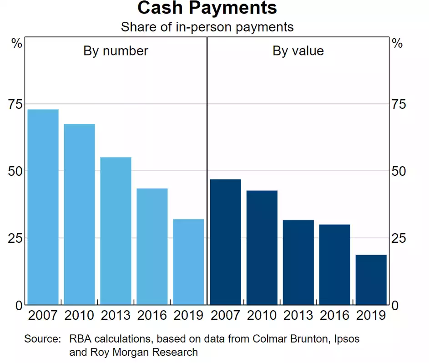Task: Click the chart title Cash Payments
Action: pos(207,9)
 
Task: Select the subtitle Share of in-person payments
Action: pos(207,27)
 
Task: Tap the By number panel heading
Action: pos(116,51)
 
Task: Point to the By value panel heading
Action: pos(298,51)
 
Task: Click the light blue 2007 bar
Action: pos(43,207)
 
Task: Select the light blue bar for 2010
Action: pos(79,214)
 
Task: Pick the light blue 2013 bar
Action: pos(116,231)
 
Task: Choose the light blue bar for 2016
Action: pos(152,246)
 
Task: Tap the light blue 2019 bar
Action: pos(188,262)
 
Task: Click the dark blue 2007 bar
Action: pos(226,242)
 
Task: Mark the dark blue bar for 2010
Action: pos(262,247)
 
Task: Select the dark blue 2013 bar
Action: pos(298,262)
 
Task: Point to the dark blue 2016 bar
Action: pos(335,265)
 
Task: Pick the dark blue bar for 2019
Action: pos(371,280)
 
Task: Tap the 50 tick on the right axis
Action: pos(398,171)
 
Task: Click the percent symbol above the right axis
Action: pos(397,44)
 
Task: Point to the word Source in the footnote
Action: pos(42,339)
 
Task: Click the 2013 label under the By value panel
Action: pos(298,315)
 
